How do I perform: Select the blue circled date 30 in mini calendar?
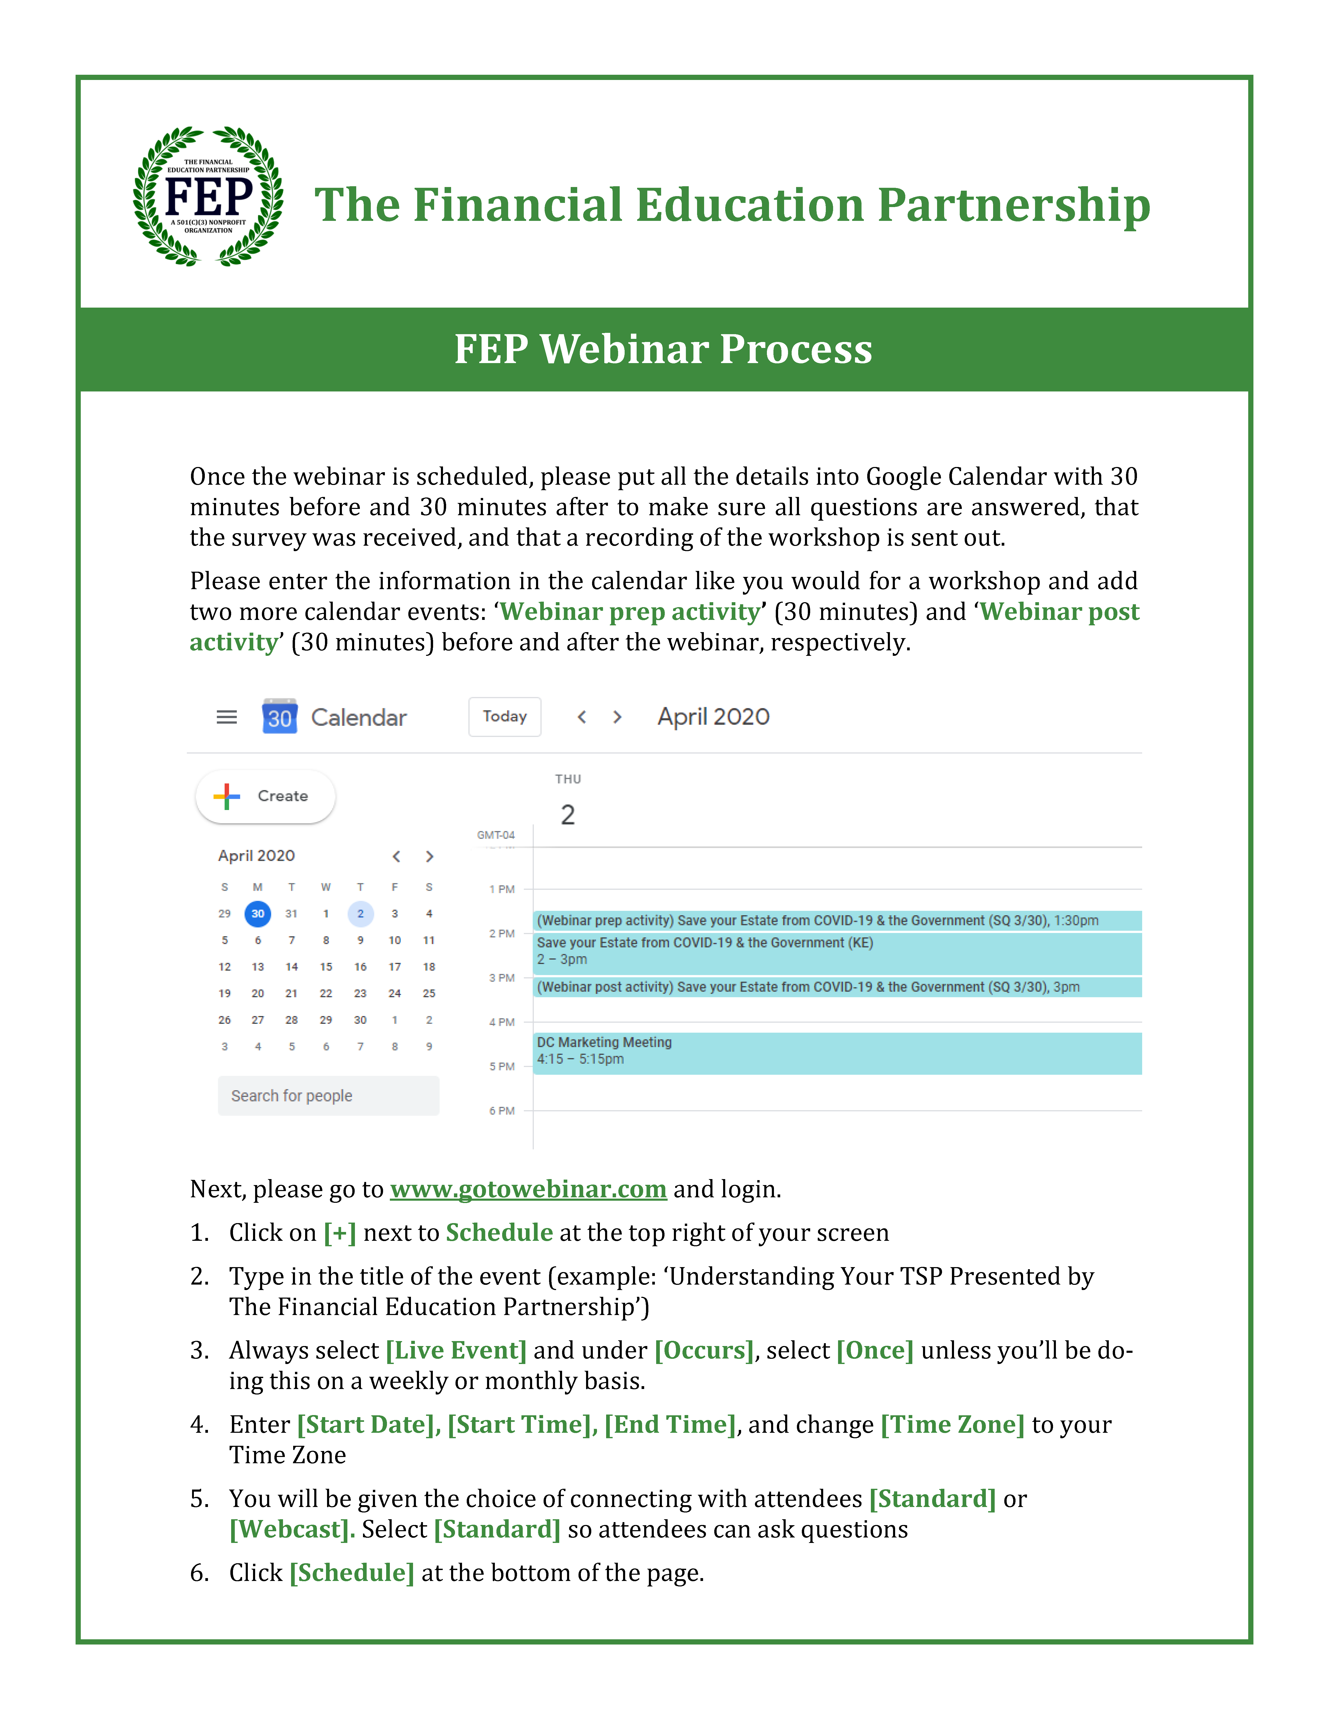[x=257, y=914]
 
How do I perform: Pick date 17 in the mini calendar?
[x=395, y=967]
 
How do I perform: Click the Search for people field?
[x=328, y=1096]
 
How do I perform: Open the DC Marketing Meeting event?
[x=837, y=1052]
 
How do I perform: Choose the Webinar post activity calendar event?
[x=837, y=987]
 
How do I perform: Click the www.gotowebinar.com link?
[x=528, y=1189]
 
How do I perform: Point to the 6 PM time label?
[x=502, y=1111]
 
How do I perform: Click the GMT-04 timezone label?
[x=496, y=835]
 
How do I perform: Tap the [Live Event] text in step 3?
[x=456, y=1351]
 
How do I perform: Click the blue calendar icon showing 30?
[x=280, y=716]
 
